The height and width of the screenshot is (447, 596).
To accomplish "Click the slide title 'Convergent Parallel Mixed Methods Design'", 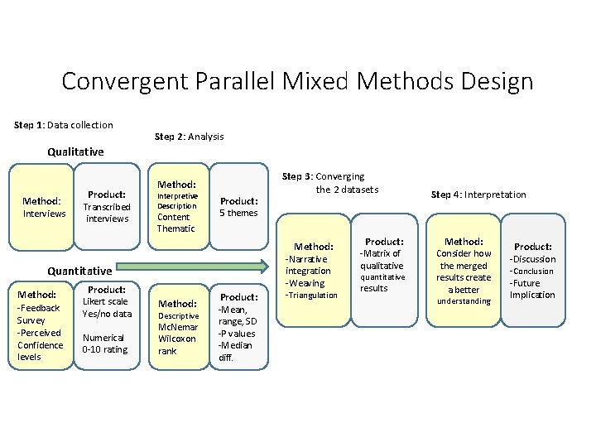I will pyautogui.click(x=297, y=81).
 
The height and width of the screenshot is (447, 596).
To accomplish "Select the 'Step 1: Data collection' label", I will pyautogui.click(x=64, y=125).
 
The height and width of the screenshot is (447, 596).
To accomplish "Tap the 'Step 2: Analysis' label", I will pyautogui.click(x=190, y=136).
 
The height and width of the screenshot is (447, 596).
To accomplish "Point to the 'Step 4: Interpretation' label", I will pyautogui.click(x=478, y=195).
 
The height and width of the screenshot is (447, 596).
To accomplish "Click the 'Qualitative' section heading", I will pyautogui.click(x=75, y=152).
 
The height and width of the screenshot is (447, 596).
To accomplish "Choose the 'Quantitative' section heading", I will pyautogui.click(x=79, y=271).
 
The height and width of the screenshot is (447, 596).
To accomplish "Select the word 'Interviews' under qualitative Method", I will pyautogui.click(x=45, y=214).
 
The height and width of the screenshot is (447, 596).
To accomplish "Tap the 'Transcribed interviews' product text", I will pyautogui.click(x=108, y=213).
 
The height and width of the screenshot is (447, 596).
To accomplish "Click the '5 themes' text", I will pyautogui.click(x=238, y=213).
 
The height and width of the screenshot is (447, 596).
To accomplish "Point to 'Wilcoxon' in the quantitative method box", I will pyautogui.click(x=178, y=339).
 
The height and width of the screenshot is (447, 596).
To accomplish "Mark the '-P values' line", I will pyautogui.click(x=237, y=334).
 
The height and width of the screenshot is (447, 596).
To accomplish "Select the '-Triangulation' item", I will pyautogui.click(x=311, y=296).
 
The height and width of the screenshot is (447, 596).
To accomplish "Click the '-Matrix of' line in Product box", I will pyautogui.click(x=381, y=253).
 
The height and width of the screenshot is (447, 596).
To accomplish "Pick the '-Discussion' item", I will pyautogui.click(x=532, y=259).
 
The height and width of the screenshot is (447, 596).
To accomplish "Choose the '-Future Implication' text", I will pyautogui.click(x=532, y=289).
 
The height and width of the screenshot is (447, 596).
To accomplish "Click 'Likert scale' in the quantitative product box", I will pyautogui.click(x=107, y=301).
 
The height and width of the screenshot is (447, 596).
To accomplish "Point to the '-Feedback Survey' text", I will pyautogui.click(x=39, y=314).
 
